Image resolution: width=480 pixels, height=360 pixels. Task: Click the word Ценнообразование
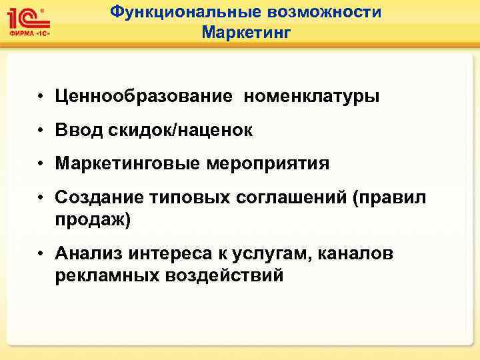(x=145, y=97)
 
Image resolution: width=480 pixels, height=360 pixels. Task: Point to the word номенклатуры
(x=312, y=97)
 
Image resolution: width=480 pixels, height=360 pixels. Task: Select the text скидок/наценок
(x=179, y=131)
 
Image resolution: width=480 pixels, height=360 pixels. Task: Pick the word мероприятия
(x=265, y=164)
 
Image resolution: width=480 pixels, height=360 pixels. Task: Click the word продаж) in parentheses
(x=93, y=220)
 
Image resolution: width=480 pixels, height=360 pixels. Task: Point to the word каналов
(x=357, y=253)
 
